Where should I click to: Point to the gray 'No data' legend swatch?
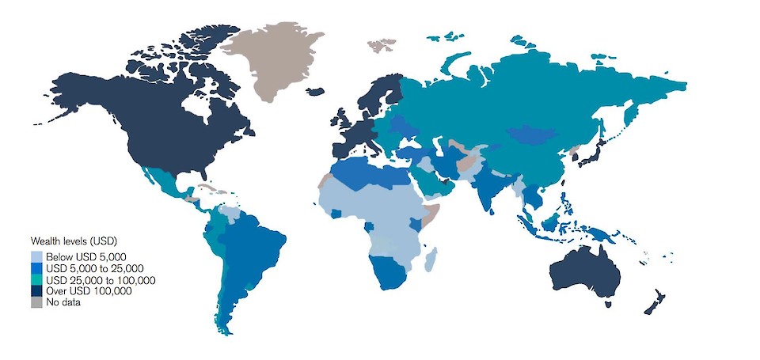click(x=36, y=302)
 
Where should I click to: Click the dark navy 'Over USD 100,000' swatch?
click(x=36, y=291)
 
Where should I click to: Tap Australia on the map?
click(x=586, y=273)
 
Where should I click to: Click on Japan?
click(x=590, y=154)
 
